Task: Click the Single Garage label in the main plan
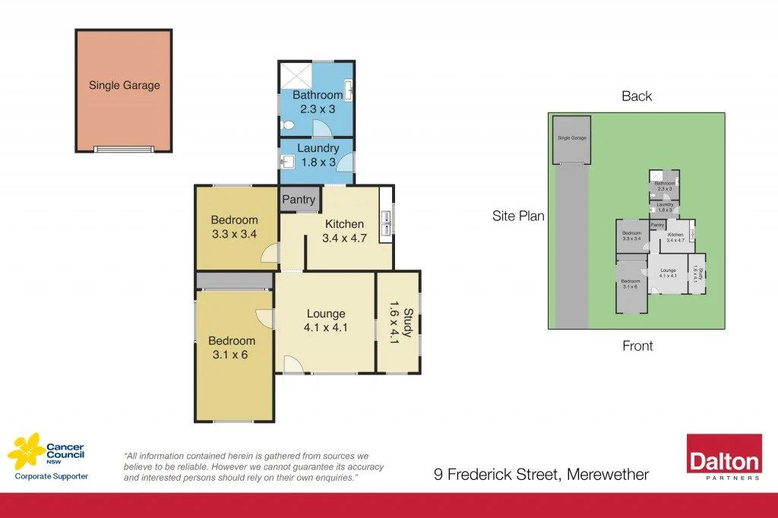(125, 85)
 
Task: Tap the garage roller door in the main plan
(123, 149)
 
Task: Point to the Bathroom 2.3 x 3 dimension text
(318, 109)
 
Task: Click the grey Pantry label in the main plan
(299, 200)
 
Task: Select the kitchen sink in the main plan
(386, 220)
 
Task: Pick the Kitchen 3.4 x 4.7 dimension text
(344, 238)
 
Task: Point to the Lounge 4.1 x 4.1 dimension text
(326, 327)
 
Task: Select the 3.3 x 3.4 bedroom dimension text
(234, 234)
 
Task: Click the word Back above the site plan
(637, 96)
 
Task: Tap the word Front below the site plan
(637, 346)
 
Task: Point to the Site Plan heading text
(518, 216)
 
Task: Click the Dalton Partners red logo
(724, 457)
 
